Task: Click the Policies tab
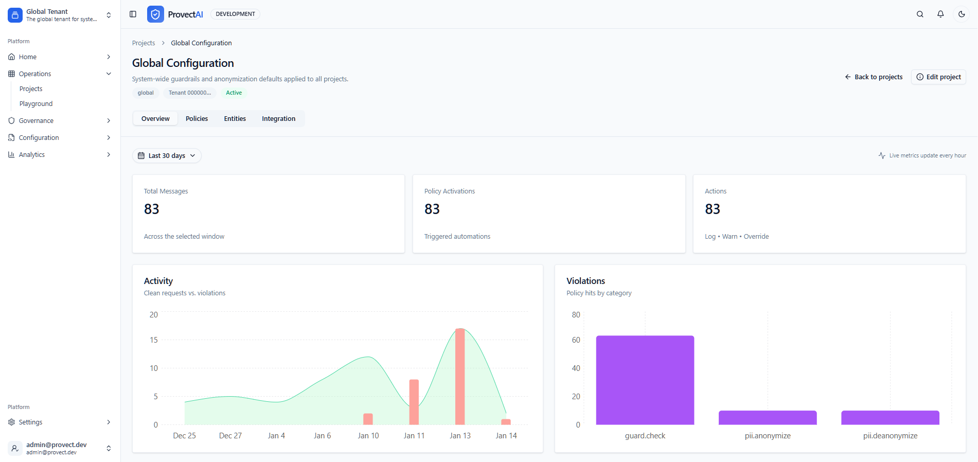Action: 197,118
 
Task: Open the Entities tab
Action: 235,118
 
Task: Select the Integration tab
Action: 278,118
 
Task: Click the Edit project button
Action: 938,77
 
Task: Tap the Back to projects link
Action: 874,77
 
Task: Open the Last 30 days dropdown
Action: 167,155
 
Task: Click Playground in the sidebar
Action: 36,103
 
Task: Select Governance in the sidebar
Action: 36,120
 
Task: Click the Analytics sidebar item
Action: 32,154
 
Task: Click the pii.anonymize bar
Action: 767,417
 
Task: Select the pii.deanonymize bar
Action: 890,417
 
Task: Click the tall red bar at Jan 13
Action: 460,376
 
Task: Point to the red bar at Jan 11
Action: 414,402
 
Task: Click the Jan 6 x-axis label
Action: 322,435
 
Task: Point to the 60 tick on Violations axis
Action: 576,340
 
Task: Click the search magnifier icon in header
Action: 920,14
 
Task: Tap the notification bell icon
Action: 940,14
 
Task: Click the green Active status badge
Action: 234,93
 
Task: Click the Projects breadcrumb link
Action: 143,43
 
